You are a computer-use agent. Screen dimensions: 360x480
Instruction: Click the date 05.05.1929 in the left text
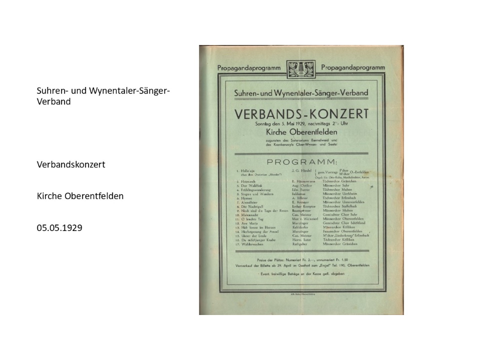pos(59,227)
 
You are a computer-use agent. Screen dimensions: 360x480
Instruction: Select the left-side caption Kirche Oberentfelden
pos(80,196)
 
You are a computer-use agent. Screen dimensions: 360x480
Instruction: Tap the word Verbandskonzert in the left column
pos(71,164)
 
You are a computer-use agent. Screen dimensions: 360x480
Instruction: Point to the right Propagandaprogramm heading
pos(353,67)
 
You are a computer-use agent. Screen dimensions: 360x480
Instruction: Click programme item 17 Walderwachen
pos(253,245)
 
